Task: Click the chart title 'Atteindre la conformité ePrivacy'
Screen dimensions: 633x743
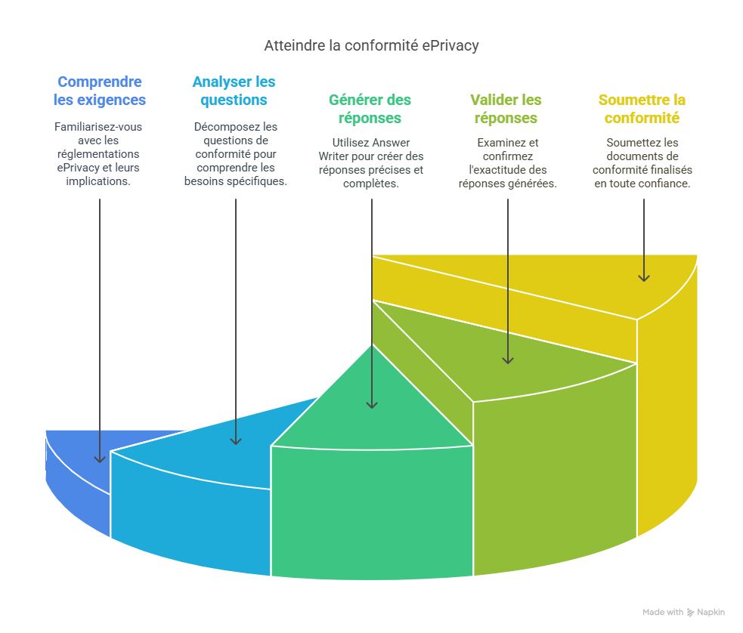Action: click(x=371, y=46)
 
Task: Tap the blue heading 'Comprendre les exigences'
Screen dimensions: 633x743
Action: click(x=100, y=91)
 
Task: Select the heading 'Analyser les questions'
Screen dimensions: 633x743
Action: click(x=234, y=91)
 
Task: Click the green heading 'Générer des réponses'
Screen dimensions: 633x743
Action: click(x=370, y=109)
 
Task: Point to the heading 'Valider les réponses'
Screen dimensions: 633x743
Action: click(x=506, y=109)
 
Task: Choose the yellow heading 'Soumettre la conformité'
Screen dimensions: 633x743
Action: click(x=642, y=109)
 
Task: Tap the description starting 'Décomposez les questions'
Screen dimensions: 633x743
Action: click(x=235, y=154)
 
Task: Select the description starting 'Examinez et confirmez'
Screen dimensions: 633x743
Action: click(x=507, y=163)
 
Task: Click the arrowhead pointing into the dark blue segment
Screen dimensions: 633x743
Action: click(x=99, y=458)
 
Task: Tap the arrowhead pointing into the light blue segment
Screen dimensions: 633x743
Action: click(x=235, y=440)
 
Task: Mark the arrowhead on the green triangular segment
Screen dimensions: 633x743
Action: click(x=371, y=404)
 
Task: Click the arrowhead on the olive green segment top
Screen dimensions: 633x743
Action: click(x=507, y=360)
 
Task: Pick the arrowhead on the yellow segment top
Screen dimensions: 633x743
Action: click(x=643, y=276)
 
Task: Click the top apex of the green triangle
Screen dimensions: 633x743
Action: click(x=371, y=344)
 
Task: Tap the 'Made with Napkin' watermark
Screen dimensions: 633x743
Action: click(x=683, y=613)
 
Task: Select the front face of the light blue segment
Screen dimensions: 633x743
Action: click(x=189, y=514)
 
